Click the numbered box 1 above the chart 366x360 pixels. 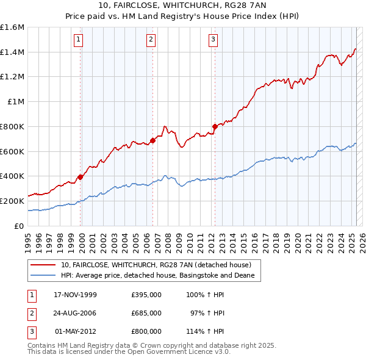coord(80,40)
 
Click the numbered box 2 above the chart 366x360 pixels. coord(151,40)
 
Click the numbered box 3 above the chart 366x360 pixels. coord(213,40)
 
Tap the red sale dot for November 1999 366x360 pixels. coord(80,178)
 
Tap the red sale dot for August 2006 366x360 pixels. coord(152,141)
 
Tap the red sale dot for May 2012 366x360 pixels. coord(214,127)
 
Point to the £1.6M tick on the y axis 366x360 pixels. coord(13,27)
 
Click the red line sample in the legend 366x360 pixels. coord(45,265)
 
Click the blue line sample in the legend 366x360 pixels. coord(45,276)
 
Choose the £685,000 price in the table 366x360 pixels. coord(146,313)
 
